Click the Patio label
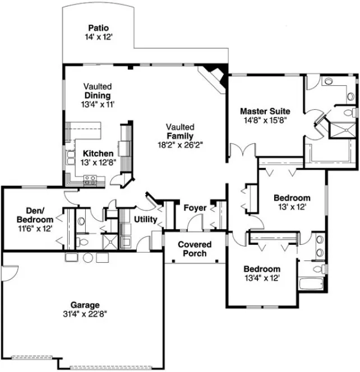point(98,28)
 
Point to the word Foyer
point(195,208)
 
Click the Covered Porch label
point(195,249)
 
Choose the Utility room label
point(145,220)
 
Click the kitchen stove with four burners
point(90,180)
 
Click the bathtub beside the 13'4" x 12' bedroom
point(311,282)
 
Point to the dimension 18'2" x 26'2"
point(179,144)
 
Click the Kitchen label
point(98,154)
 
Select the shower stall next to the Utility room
point(112,241)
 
